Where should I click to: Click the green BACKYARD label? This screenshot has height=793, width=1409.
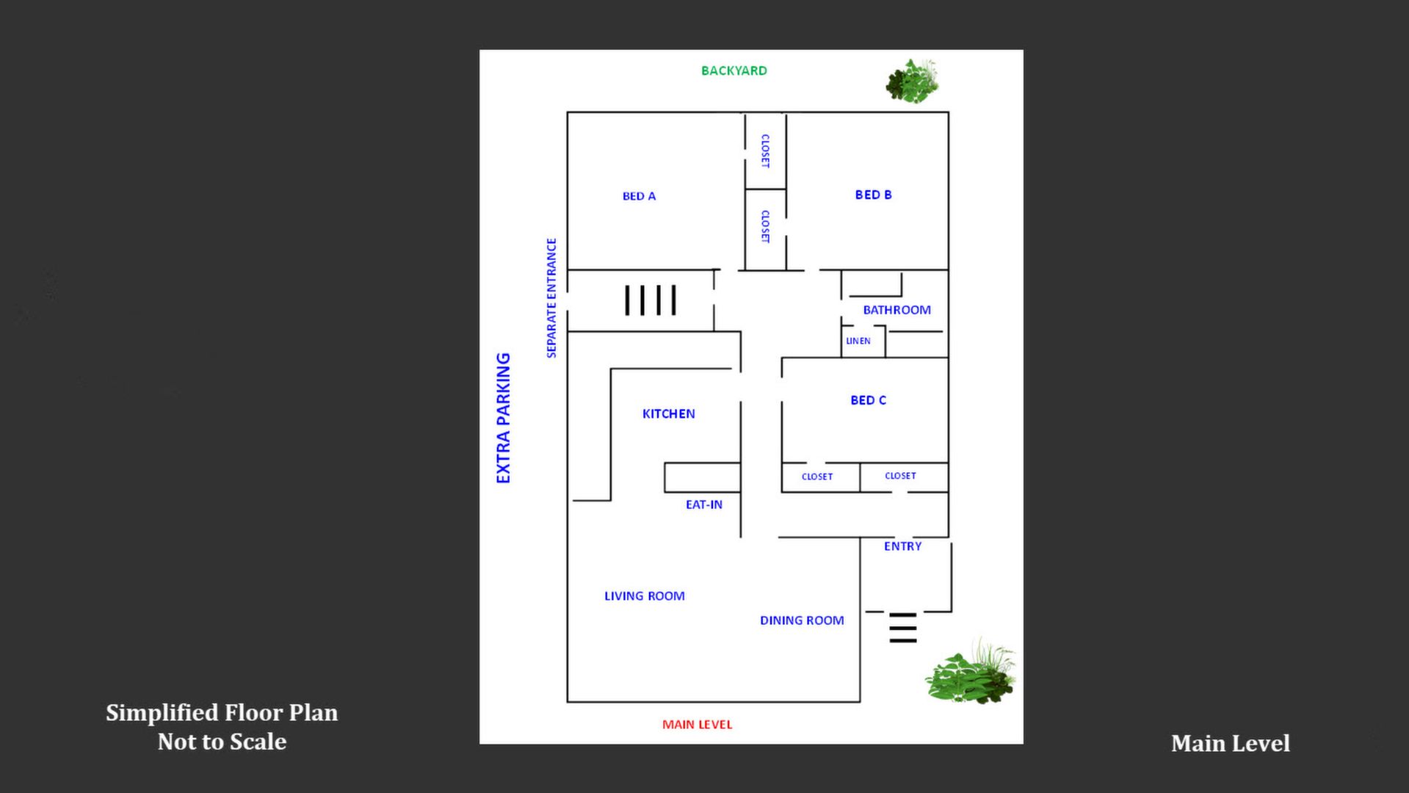734,70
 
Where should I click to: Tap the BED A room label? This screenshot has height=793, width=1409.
639,196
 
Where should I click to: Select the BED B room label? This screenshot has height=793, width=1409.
873,195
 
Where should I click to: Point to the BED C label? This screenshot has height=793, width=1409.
868,400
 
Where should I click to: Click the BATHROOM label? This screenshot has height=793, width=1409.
897,310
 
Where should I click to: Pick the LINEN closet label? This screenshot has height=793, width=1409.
858,341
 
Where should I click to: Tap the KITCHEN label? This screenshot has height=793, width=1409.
668,413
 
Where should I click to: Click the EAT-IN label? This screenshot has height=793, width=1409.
703,504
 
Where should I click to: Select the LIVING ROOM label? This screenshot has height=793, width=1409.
644,596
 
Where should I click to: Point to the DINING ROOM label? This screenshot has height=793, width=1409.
802,620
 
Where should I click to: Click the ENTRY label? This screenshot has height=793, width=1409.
902,546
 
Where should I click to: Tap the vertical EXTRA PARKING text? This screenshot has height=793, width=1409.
503,418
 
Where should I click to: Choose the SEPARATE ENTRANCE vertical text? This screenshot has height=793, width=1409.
551,298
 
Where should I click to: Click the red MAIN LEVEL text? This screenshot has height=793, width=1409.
697,725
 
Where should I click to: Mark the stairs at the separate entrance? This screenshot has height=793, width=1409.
650,300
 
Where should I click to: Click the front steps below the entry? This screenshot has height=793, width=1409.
902,628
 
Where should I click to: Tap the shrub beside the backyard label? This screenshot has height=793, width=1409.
912,81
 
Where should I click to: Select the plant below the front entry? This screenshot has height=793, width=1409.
971,672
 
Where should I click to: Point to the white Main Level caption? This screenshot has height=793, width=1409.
1230,743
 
